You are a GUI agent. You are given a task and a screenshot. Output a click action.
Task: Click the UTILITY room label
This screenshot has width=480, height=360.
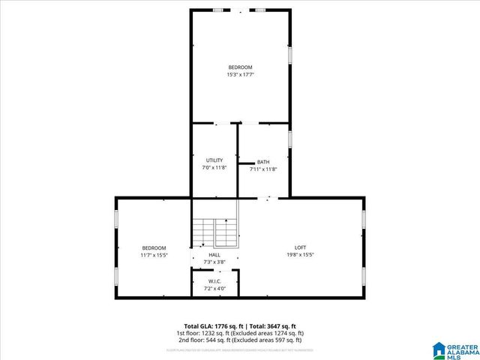point(214,160)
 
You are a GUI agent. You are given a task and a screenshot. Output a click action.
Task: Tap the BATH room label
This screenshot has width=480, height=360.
point(263,162)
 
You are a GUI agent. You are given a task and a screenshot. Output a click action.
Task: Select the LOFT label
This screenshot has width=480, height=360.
point(300,247)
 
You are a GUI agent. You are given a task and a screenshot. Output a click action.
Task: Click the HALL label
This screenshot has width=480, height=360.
point(214,255)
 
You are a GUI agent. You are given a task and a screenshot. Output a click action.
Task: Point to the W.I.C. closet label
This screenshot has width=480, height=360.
point(214,281)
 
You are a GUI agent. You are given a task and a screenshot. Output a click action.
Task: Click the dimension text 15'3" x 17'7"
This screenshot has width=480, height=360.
point(240,74)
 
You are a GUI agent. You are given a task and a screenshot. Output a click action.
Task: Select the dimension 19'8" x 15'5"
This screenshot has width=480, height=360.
point(300,255)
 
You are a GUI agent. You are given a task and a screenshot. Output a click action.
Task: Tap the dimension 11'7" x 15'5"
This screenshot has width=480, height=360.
point(154,255)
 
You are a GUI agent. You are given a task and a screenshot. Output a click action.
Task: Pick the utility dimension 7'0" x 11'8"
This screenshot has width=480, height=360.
point(214,167)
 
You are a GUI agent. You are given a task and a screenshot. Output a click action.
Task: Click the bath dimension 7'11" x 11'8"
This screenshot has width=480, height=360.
point(263,169)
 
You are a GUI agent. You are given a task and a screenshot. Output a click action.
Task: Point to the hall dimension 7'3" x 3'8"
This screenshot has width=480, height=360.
point(214,262)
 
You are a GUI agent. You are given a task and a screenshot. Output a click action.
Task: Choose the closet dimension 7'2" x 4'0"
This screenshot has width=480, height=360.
point(214,288)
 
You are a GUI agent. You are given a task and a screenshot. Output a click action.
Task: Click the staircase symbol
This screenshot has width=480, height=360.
point(215,232)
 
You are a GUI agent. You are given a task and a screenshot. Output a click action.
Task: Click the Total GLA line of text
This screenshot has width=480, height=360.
point(239,326)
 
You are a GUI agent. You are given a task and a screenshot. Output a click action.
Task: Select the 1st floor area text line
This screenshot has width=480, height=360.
point(239,333)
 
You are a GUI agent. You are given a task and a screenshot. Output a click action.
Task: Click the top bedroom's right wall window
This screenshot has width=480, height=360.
point(290,56)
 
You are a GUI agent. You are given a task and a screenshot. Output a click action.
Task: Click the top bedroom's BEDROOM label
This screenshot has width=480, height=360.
point(240,67)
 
